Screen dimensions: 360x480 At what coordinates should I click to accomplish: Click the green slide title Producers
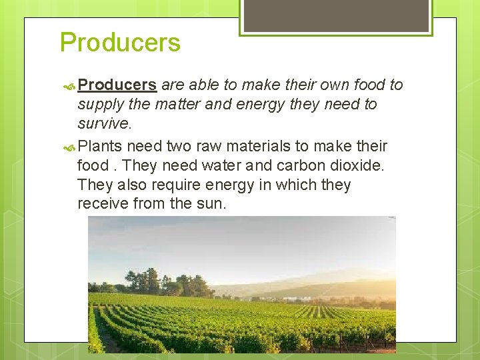120,43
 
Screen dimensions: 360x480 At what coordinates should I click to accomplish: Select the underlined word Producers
117,85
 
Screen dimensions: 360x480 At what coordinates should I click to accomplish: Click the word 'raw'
208,146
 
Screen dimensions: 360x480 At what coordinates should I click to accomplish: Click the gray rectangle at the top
335,15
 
